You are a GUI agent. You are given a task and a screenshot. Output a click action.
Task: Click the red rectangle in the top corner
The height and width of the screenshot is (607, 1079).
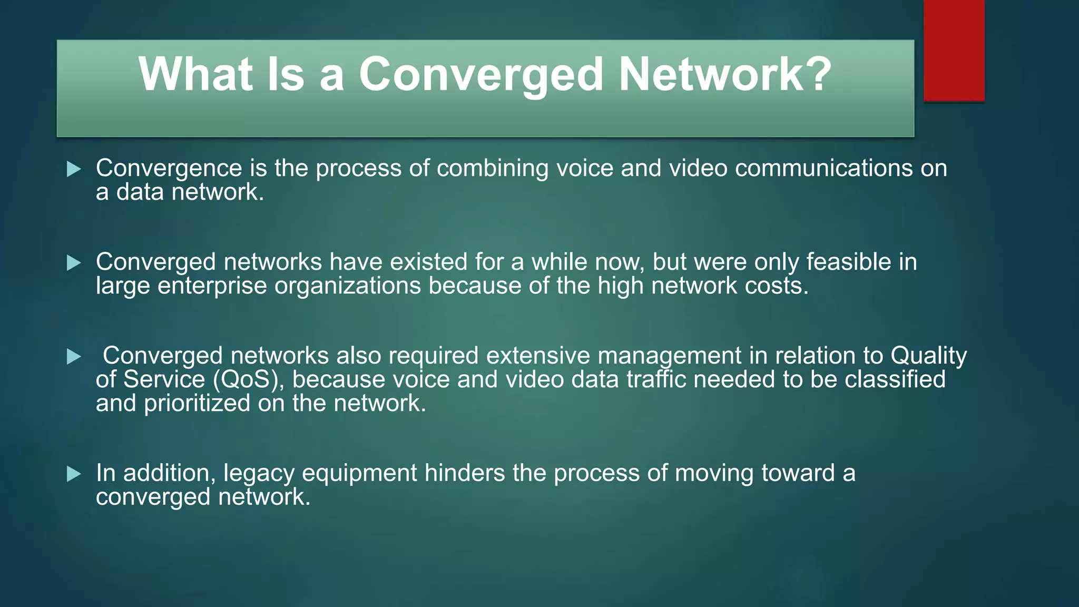[954, 50]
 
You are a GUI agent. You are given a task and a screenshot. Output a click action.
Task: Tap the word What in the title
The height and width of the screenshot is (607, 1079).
[195, 74]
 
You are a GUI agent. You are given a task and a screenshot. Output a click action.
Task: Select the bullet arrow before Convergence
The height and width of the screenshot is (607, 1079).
[74, 169]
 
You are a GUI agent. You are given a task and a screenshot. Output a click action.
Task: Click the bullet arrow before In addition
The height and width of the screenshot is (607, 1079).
[74, 474]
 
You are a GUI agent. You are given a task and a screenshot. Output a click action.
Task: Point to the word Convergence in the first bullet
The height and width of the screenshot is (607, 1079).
[169, 169]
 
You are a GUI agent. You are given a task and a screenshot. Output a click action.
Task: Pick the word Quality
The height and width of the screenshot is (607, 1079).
[928, 356]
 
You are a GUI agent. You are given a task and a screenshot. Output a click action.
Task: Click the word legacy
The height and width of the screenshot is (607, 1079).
[258, 474]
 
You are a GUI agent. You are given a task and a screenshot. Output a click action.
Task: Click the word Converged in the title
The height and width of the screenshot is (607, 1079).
[480, 74]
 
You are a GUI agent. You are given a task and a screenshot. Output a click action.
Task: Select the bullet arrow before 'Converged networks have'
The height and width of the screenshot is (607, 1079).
[74, 263]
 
